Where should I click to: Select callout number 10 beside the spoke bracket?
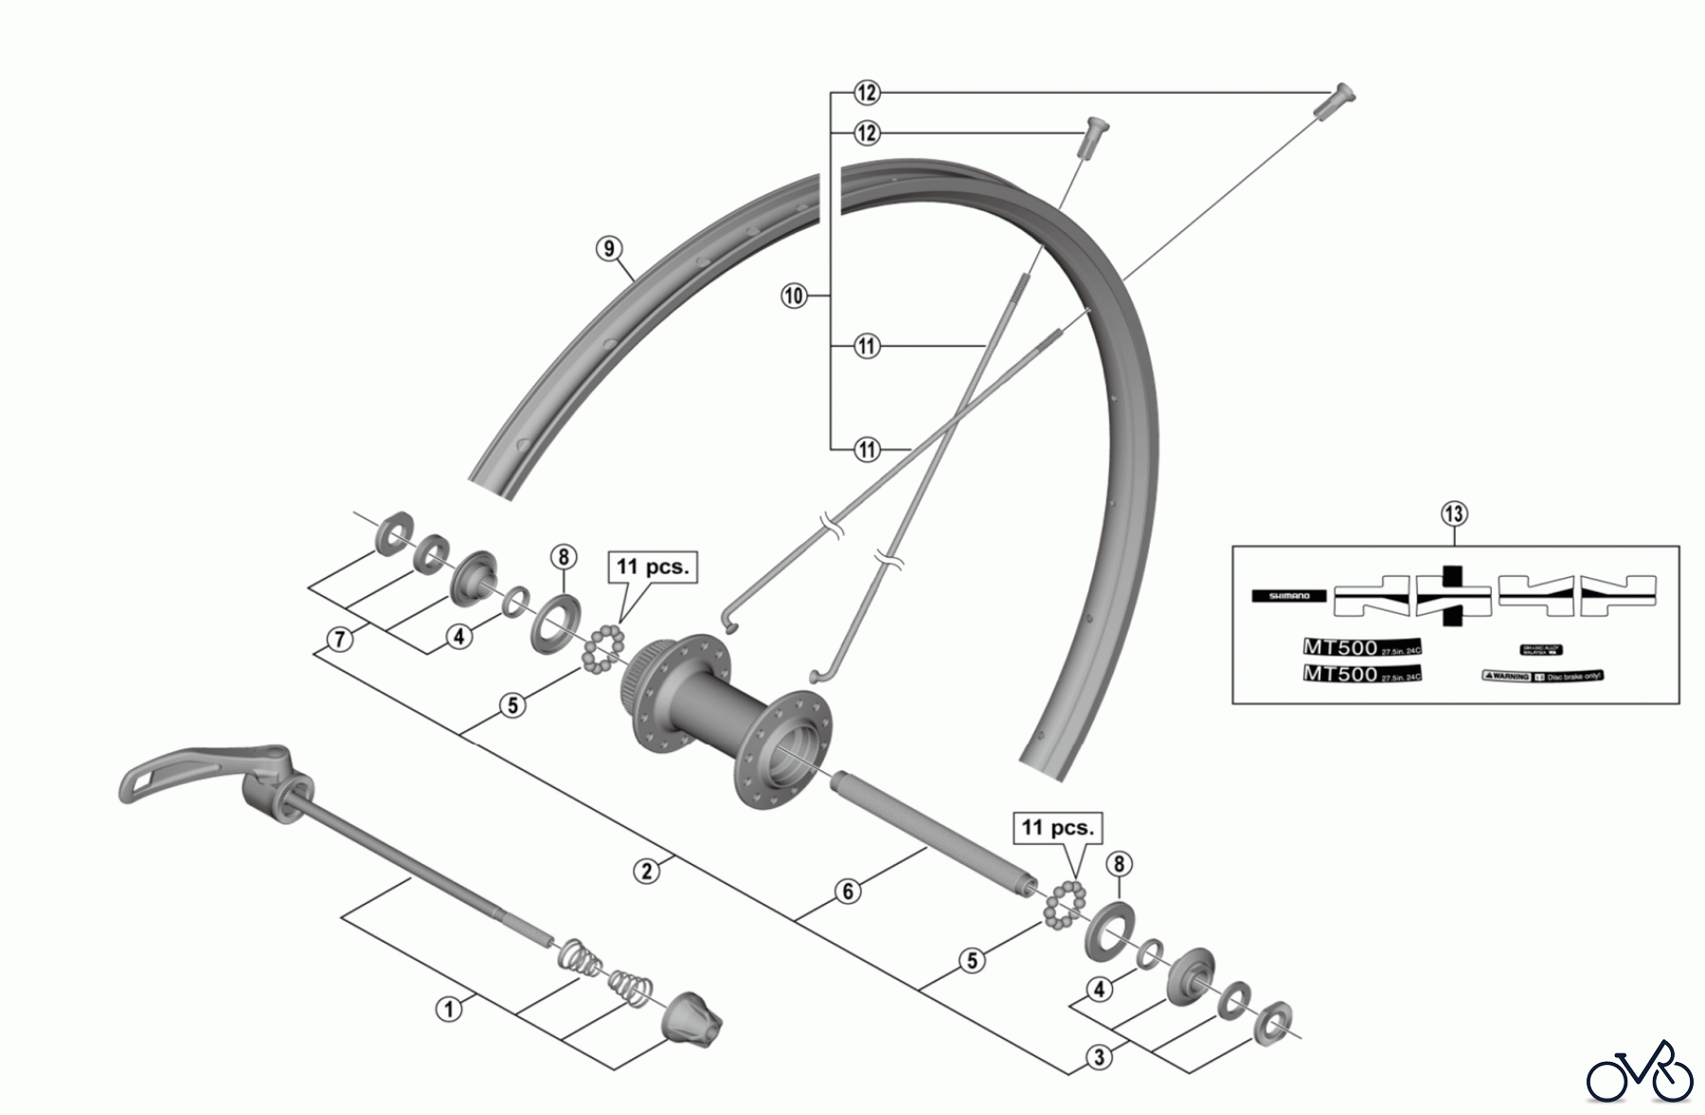[793, 296]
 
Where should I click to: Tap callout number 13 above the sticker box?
[1454, 514]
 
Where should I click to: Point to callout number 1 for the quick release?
[449, 1009]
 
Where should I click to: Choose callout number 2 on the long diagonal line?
[647, 871]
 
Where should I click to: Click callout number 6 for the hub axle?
[848, 890]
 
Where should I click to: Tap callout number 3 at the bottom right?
[1099, 1056]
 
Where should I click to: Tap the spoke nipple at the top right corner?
[1336, 99]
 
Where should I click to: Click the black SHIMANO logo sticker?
[1289, 596]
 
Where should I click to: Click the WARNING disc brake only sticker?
[1541, 676]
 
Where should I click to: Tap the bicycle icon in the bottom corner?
[1640, 1072]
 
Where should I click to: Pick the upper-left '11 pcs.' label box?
[653, 567]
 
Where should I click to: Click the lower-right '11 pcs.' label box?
[1057, 827]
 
